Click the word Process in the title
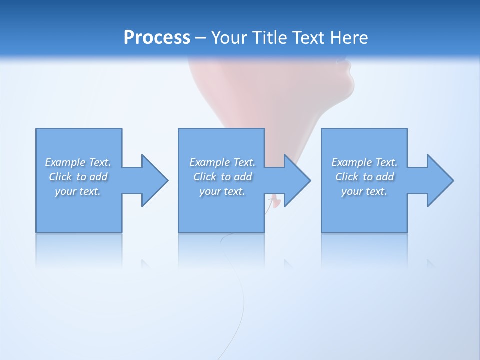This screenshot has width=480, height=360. (157, 38)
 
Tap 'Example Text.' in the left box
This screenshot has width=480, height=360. (78, 162)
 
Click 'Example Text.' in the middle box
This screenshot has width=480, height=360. (222, 162)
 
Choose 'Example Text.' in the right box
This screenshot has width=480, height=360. (364, 162)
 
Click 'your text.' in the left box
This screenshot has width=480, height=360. (78, 191)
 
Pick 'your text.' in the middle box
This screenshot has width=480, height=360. (222, 191)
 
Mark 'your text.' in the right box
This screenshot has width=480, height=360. (364, 191)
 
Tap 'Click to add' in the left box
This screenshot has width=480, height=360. (78, 177)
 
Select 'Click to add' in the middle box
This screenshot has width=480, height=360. (222, 177)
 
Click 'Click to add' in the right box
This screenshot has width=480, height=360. (364, 177)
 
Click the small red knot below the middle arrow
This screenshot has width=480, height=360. (273, 201)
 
